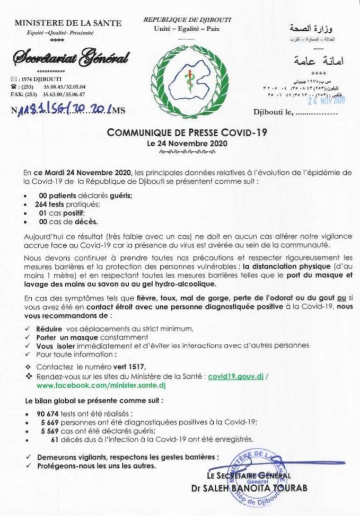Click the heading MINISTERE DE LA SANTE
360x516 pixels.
(x=67, y=23)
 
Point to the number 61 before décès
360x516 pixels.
(x=55, y=439)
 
